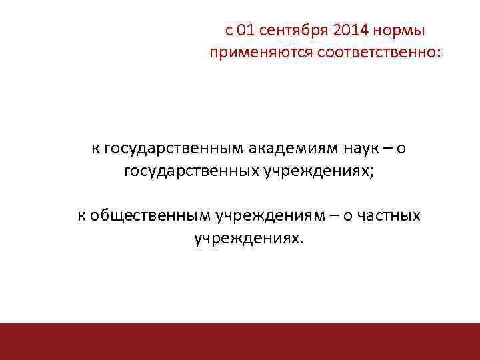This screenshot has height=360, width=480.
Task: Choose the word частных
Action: [389, 215]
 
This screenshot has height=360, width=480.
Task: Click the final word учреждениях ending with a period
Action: [247, 238]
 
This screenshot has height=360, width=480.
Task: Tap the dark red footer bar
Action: [240, 341]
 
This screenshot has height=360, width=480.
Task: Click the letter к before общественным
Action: [81, 215]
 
